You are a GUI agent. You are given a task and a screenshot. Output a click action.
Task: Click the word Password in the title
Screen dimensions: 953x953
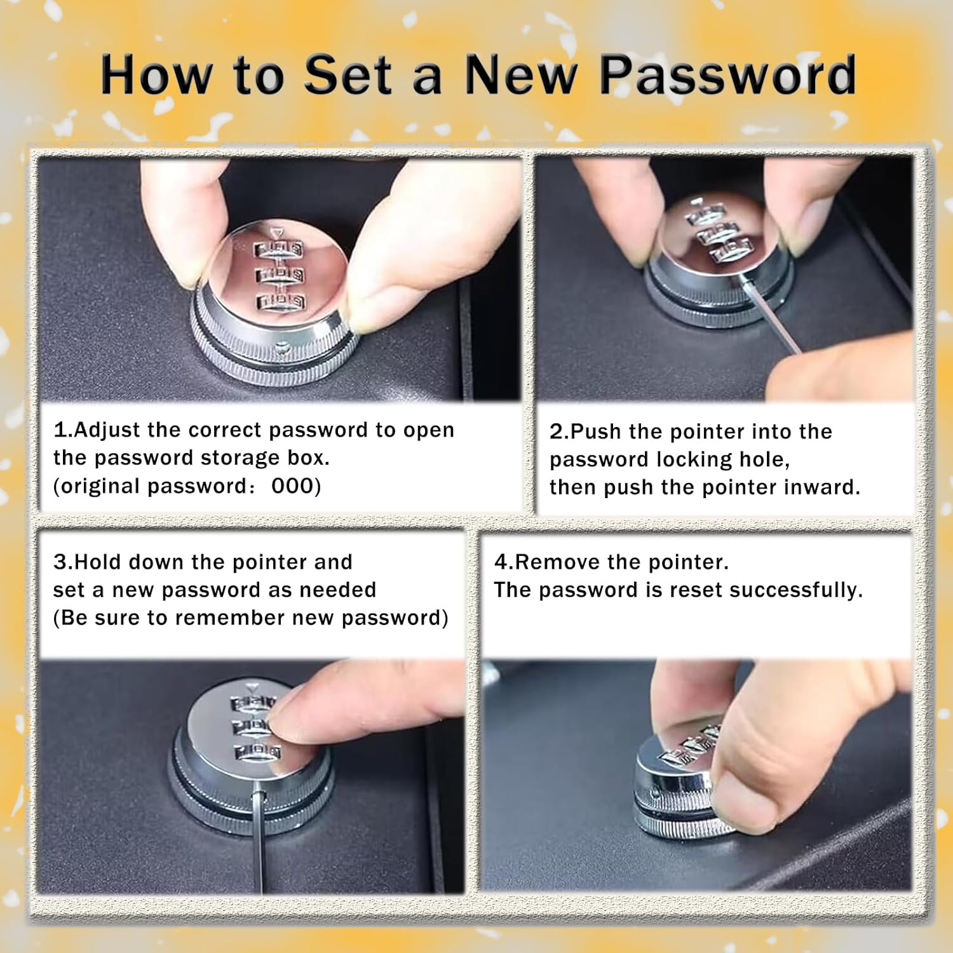pos(728,75)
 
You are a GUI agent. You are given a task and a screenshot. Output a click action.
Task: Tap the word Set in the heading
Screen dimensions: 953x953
pos(348,75)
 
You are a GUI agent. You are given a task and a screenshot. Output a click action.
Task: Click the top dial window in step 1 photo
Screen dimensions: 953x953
pos(279,248)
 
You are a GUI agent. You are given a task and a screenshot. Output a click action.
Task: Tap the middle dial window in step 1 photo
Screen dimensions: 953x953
pos(280,274)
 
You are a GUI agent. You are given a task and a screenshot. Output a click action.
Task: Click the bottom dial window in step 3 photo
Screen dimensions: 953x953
pos(257,752)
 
